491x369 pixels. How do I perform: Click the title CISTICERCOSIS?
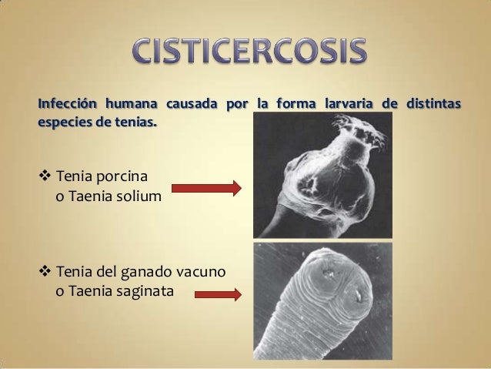pyautogui.click(x=245, y=52)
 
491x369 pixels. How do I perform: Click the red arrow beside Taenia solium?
pyautogui.click(x=205, y=187)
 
